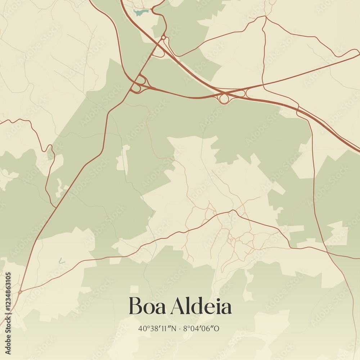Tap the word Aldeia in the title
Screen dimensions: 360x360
coord(201,306)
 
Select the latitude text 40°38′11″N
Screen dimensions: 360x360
coord(158,329)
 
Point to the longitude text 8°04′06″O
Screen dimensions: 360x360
coord(202,329)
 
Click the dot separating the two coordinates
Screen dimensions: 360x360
coord(180,329)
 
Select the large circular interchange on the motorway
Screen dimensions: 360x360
coord(224,98)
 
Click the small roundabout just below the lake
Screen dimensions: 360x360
coord(163,37)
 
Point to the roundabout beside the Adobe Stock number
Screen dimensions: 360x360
coord(20,292)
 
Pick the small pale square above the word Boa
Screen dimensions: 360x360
coord(134,289)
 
